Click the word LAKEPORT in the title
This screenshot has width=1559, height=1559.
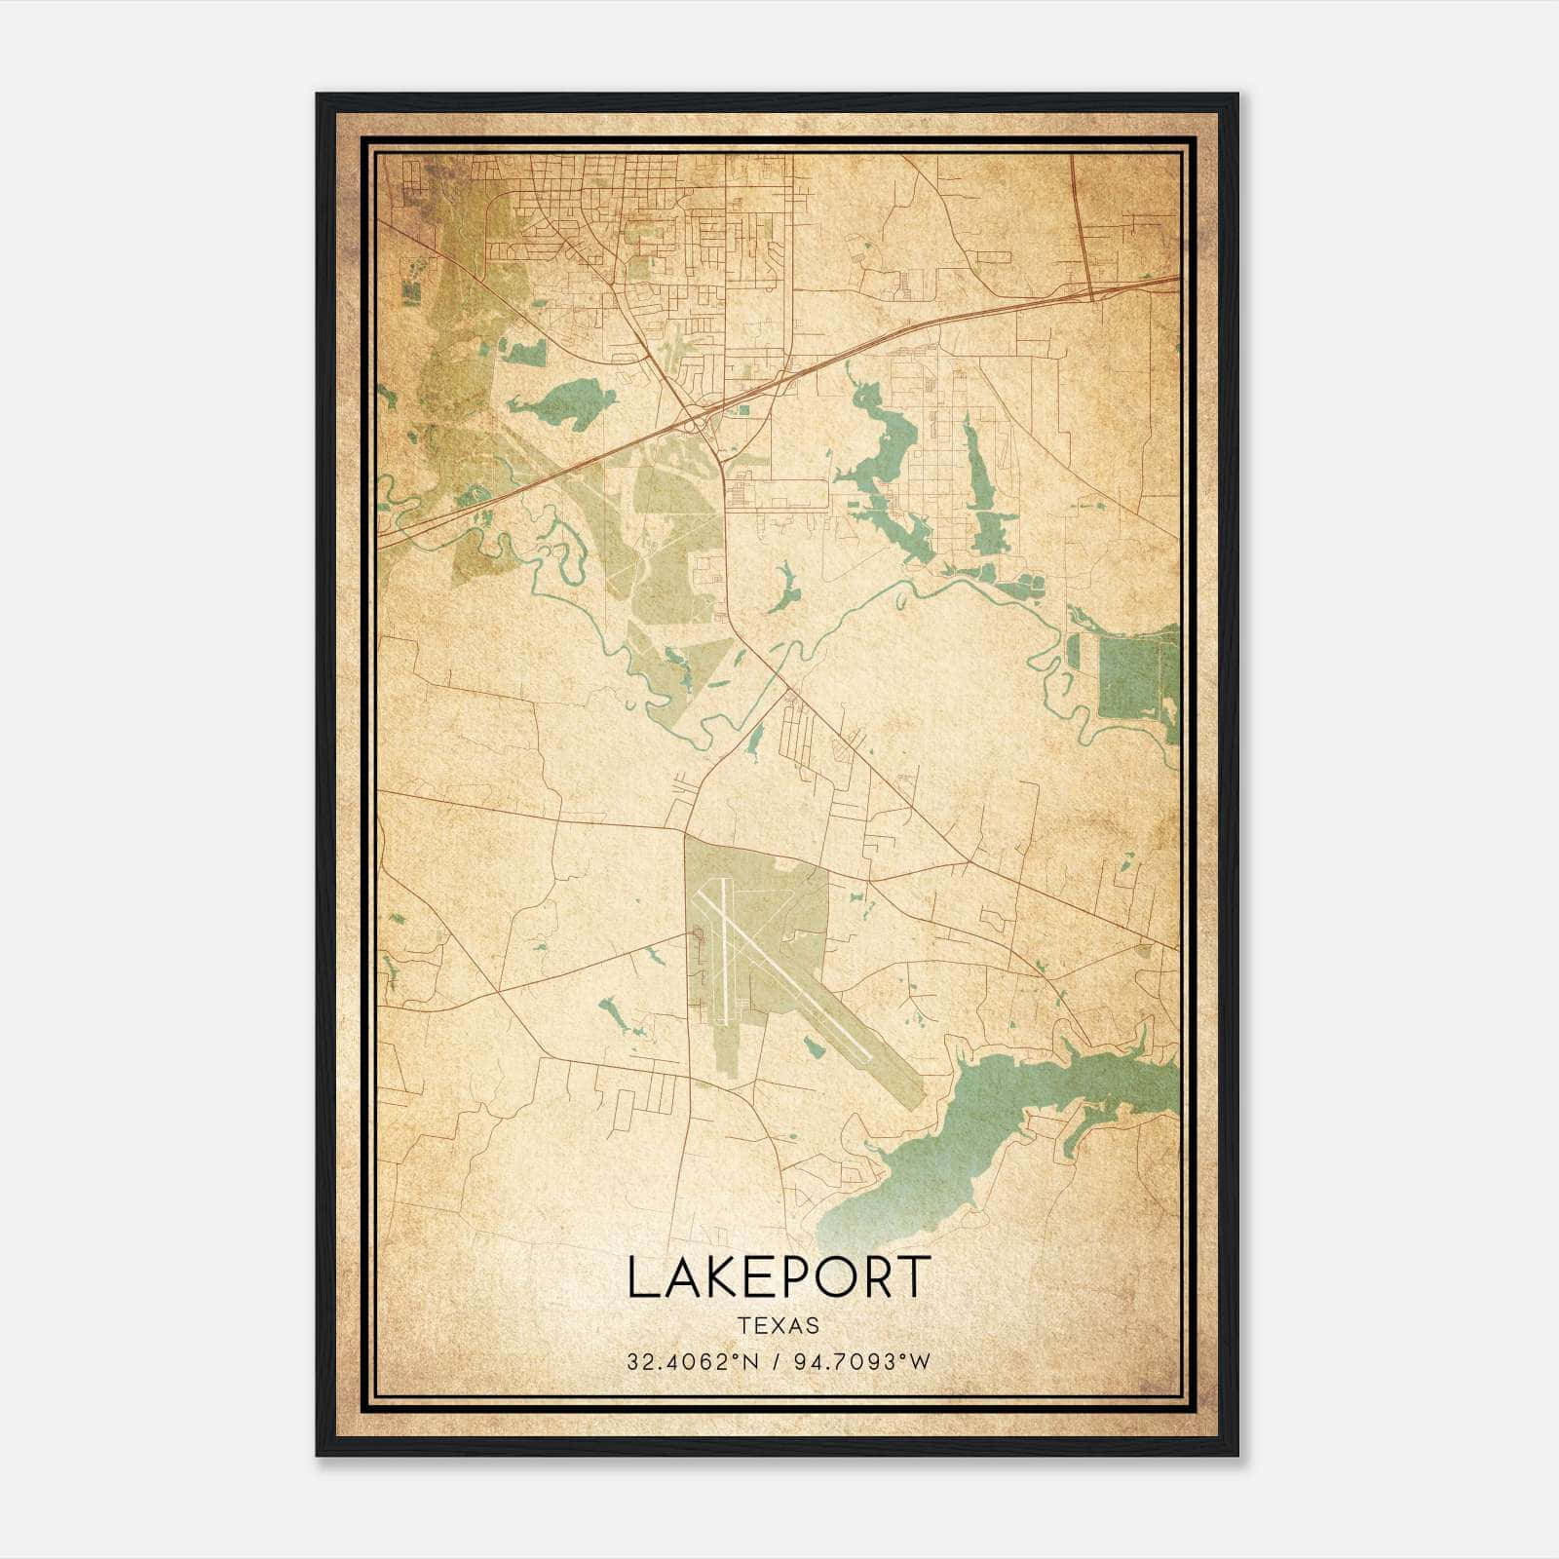[779, 1277]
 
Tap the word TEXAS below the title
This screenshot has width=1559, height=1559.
[779, 1325]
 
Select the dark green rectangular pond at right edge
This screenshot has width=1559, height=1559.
[1135, 672]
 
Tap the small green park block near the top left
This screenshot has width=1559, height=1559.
[410, 289]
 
